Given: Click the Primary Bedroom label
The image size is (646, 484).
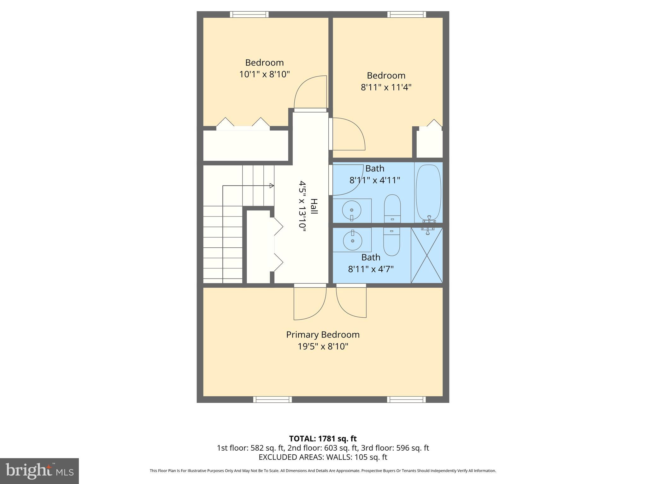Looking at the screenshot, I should (x=323, y=335).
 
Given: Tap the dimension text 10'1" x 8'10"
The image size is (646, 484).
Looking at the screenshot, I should (x=264, y=74).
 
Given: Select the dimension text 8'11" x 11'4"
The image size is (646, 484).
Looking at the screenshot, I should (x=386, y=87).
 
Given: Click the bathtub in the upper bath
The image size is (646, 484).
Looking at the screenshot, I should (x=428, y=192).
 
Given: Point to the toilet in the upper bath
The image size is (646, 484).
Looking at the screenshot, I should (x=392, y=208).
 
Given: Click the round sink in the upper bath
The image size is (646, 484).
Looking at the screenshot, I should (x=352, y=210).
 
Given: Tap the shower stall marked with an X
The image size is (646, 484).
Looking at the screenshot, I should (x=427, y=255).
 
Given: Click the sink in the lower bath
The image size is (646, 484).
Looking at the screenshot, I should (x=352, y=240).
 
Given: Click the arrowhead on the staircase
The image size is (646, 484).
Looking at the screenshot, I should (x=272, y=186).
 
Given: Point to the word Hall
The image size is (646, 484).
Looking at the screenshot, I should (x=314, y=206).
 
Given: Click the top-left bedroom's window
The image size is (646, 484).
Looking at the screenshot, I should (x=249, y=14).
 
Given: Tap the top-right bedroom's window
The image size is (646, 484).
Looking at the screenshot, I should (x=407, y=14).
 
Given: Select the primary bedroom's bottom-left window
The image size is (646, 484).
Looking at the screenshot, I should (x=273, y=400).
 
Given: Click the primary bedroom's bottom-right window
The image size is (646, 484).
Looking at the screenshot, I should (x=407, y=400).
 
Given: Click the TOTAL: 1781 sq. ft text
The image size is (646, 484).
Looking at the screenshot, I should (x=323, y=439).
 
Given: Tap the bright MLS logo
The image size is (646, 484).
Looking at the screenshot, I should (x=39, y=471).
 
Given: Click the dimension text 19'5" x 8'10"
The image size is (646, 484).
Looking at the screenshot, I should (x=323, y=347).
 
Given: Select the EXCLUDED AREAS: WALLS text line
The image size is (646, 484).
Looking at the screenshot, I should (x=323, y=457).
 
